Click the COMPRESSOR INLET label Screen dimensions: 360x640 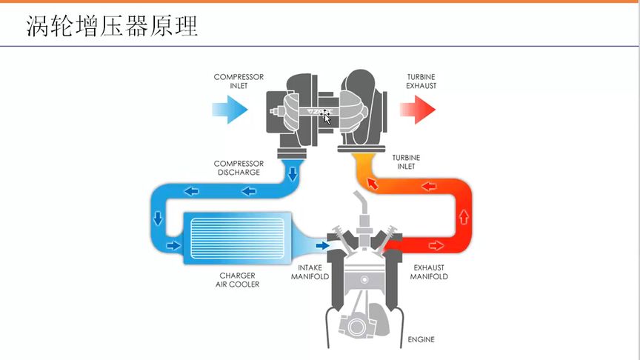239,81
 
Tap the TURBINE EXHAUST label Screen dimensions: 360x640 421,81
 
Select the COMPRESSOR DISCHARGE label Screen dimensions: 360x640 239,168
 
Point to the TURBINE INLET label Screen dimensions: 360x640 405,162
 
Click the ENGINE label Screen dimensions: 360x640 421,340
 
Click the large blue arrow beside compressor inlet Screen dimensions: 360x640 228,110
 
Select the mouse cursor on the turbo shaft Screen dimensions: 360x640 326,116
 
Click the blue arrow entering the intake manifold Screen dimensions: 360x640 322,245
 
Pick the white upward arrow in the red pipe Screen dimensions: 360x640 464,217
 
